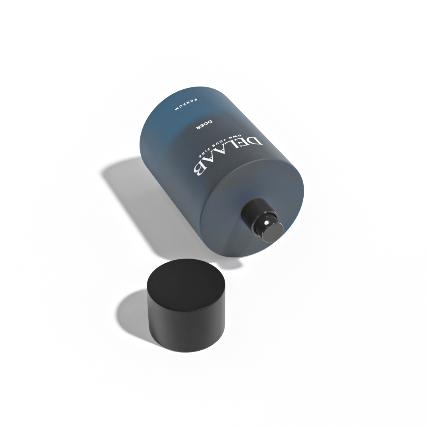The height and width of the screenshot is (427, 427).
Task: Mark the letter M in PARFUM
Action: [x=177, y=110]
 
